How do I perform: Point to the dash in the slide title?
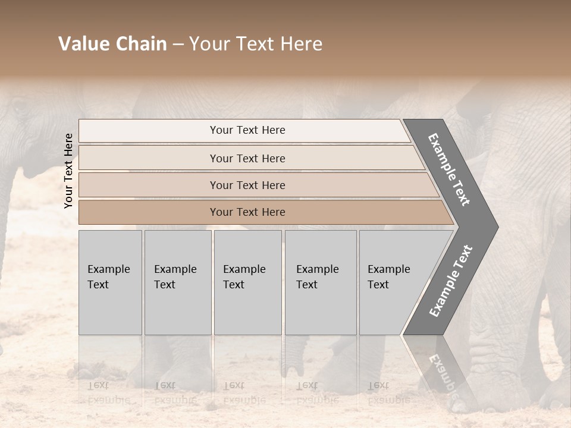point(178,45)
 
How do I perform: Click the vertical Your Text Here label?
point(68,171)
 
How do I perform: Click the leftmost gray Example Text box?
point(110,282)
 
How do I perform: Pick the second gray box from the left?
point(177,282)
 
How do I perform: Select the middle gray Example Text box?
point(247,282)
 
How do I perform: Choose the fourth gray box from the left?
point(320,282)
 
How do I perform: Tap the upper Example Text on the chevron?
point(449,169)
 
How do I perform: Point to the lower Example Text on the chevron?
point(451,281)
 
